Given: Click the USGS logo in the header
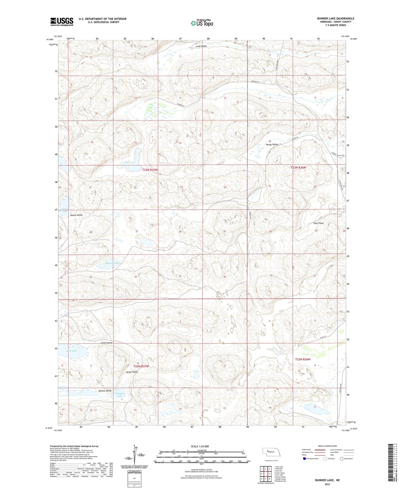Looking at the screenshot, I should click(x=62, y=22).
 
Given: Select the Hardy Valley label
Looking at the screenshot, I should click(x=272, y=145).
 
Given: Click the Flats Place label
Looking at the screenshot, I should click(x=319, y=223).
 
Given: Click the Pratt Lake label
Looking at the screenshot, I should click(x=72, y=351).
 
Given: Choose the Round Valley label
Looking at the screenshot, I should click(x=76, y=215).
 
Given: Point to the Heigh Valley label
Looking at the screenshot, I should click(x=131, y=372).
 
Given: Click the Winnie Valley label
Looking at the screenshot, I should click(x=105, y=391).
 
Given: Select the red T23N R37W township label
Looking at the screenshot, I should click(x=150, y=170).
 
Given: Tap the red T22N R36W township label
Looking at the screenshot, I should click(x=303, y=359).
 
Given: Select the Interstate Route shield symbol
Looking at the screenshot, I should click(x=305, y=459).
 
